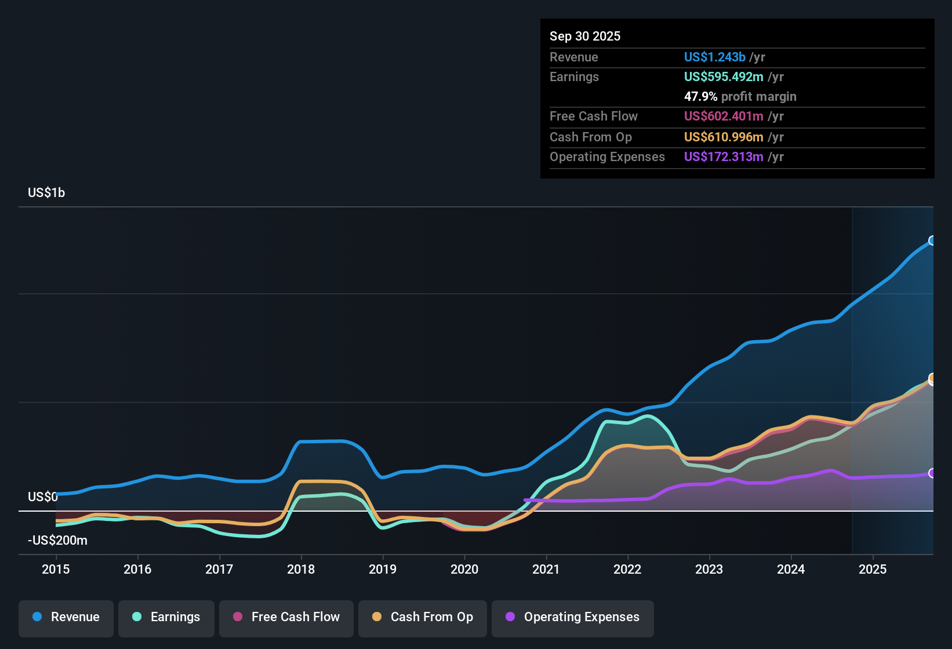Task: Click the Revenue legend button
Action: coord(66,617)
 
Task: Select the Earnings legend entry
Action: coord(166,617)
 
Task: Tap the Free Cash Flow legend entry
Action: coord(286,617)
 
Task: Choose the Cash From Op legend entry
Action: coord(423,617)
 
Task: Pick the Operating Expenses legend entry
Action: coord(573,617)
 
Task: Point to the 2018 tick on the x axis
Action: coord(301,569)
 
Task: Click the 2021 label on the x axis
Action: coord(546,569)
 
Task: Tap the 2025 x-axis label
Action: coord(873,569)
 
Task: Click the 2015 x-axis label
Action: coord(56,569)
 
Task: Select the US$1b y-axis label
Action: coord(46,193)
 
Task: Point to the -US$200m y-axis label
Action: coord(57,541)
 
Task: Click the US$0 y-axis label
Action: coord(42,497)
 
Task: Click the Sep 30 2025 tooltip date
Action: coord(585,37)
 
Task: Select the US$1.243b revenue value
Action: coord(714,57)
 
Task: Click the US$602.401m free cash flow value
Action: coord(724,116)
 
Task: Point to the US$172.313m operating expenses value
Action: coord(724,157)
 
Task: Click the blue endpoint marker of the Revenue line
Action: coord(932,240)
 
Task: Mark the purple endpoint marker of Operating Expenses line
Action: coord(932,473)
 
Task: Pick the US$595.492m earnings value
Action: coord(724,77)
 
